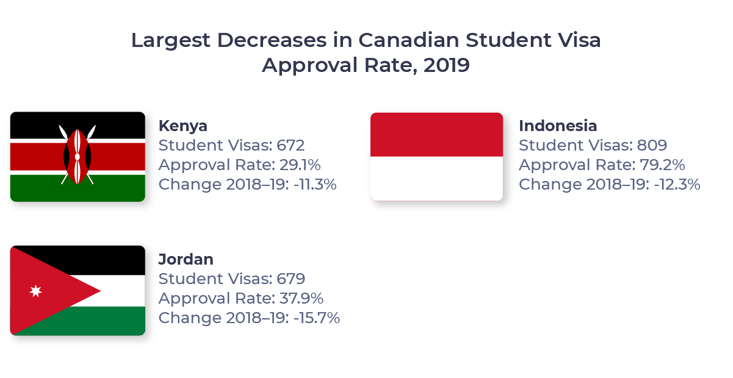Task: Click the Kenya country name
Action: tap(182, 126)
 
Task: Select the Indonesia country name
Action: tap(558, 126)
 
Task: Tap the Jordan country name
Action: tap(186, 259)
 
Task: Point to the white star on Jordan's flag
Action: tap(35, 291)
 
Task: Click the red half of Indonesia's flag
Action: tap(437, 134)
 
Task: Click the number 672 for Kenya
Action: tap(291, 146)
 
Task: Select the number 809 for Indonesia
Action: tap(651, 146)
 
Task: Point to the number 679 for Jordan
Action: tap(291, 279)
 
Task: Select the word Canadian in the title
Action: tap(408, 40)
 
